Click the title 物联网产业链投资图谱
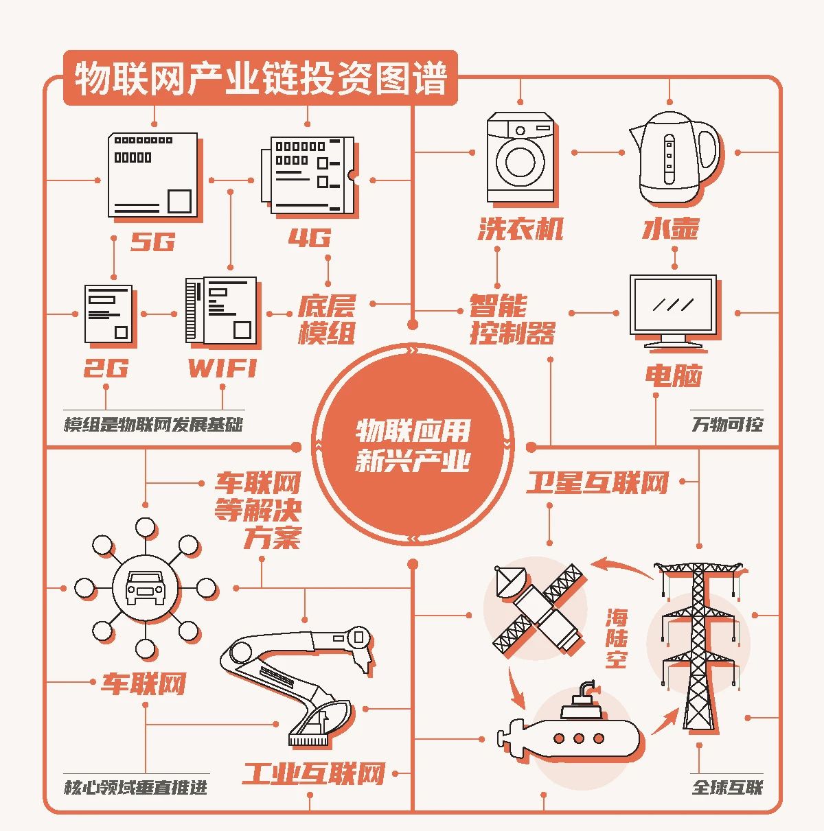260,78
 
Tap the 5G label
152,242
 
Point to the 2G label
106,368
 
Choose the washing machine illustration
520,157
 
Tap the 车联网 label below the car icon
144,683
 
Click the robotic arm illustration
302,679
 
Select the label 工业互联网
313,774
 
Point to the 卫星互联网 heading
597,482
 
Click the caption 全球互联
727,787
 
